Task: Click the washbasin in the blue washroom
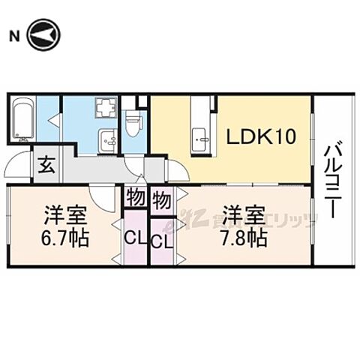pyautogui.click(x=106, y=138)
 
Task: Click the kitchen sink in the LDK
pyautogui.click(x=200, y=137)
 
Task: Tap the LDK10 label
pyautogui.click(x=261, y=137)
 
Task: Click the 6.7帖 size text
pyautogui.click(x=64, y=239)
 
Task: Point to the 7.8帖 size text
pyautogui.click(x=244, y=239)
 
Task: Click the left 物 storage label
pyautogui.click(x=135, y=199)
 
